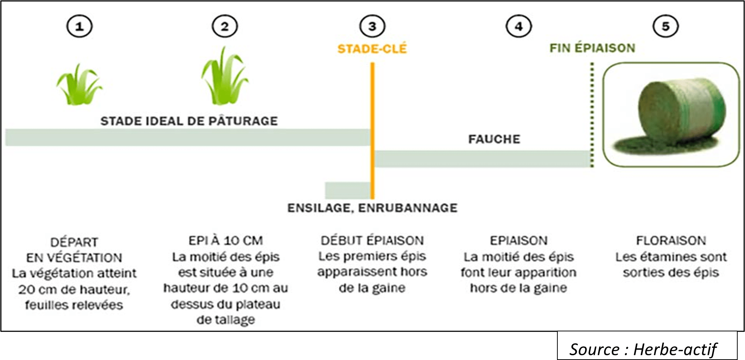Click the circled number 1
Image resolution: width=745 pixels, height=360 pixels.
tap(79, 26)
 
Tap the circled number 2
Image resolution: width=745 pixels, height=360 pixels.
tap(225, 26)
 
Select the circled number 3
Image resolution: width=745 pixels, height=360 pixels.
tap(372, 26)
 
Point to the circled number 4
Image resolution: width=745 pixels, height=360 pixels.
tap(518, 26)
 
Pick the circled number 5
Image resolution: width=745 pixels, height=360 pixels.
tap(665, 26)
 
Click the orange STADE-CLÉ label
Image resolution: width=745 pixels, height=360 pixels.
tap(372, 49)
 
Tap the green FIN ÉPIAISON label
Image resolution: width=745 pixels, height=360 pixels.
tap(592, 48)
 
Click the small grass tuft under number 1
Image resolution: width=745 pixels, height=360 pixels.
tap(79, 86)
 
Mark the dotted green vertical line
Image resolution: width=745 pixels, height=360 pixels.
tap(592, 114)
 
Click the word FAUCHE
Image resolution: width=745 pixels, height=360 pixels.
tap(494, 139)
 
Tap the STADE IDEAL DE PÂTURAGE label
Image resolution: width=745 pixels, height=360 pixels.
tap(189, 121)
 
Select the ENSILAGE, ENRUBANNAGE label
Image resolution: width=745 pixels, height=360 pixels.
tap(372, 208)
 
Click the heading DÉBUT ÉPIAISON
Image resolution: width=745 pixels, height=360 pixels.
tap(372, 240)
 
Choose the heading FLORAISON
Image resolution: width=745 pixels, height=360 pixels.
tap(671, 240)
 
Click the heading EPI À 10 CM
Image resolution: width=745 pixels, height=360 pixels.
tap(225, 240)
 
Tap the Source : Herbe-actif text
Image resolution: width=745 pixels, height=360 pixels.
tap(643, 349)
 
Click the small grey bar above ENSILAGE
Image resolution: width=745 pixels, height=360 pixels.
tap(347, 190)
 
